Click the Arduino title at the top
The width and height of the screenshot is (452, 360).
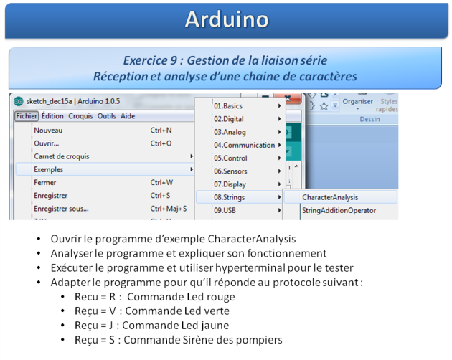(227, 19)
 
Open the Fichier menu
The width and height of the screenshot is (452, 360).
(27, 116)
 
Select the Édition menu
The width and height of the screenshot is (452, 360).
(52, 116)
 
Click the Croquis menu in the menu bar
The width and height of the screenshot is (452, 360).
(80, 116)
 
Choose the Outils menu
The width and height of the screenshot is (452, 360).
(106, 116)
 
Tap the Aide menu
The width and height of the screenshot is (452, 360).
(128, 116)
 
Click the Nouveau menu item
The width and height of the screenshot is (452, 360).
(48, 131)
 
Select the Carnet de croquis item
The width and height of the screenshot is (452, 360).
(62, 156)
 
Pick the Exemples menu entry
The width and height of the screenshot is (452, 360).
(49, 169)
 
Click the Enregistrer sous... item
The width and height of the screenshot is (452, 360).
(61, 209)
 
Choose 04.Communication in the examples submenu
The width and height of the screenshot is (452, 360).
(244, 145)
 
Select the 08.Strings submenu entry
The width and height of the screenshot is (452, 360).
(229, 197)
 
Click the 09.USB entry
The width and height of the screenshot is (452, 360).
(225, 210)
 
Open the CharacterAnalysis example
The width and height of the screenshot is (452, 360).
(330, 197)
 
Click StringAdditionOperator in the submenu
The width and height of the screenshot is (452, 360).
(339, 210)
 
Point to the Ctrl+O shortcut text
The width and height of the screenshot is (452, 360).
(161, 143)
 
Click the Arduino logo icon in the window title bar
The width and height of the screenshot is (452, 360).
(19, 101)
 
